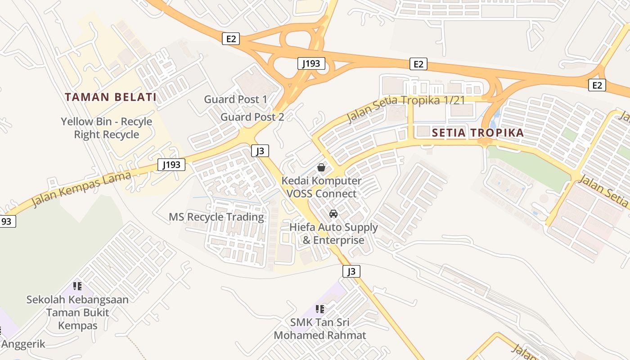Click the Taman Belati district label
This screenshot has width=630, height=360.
tap(111, 97)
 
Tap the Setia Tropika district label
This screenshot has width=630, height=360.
tap(478, 133)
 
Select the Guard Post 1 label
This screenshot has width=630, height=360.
tap(235, 99)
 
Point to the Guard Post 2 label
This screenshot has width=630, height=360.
tap(252, 117)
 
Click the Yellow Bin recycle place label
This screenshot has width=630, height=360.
tap(107, 128)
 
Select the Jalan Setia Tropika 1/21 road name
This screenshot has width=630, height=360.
tap(405, 107)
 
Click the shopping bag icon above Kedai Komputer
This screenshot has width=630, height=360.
tap(321, 167)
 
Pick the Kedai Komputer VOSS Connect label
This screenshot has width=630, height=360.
tap(321, 187)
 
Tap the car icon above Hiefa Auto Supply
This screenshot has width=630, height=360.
tap(333, 214)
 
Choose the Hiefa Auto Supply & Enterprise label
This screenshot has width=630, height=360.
tap(333, 234)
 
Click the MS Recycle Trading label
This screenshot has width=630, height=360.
tap(216, 217)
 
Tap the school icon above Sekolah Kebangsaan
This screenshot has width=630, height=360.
tap(77, 286)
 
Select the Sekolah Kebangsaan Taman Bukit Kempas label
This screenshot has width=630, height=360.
tap(77, 312)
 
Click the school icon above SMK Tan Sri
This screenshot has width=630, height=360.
tap(319, 309)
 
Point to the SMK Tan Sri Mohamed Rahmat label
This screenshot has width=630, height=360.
tap(320, 329)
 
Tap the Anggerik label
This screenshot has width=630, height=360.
tap(23, 344)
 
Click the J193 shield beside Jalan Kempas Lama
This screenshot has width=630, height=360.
tap(171, 165)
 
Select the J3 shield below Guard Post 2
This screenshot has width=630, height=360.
tap(260, 150)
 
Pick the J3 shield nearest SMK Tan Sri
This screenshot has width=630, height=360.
tap(351, 271)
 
